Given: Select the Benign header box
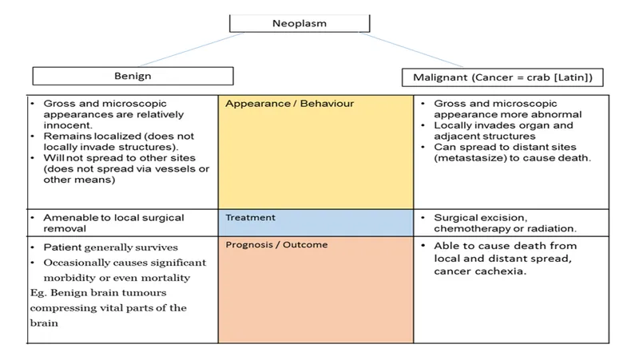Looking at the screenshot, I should (x=133, y=76).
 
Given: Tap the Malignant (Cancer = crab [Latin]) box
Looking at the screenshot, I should (x=502, y=77).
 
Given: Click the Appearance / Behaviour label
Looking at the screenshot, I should (x=289, y=104).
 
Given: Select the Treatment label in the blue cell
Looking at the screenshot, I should (x=250, y=217).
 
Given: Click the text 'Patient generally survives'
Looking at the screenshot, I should (x=110, y=247).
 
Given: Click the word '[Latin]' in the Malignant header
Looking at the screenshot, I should (x=579, y=77).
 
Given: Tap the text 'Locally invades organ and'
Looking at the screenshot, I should (x=502, y=125).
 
